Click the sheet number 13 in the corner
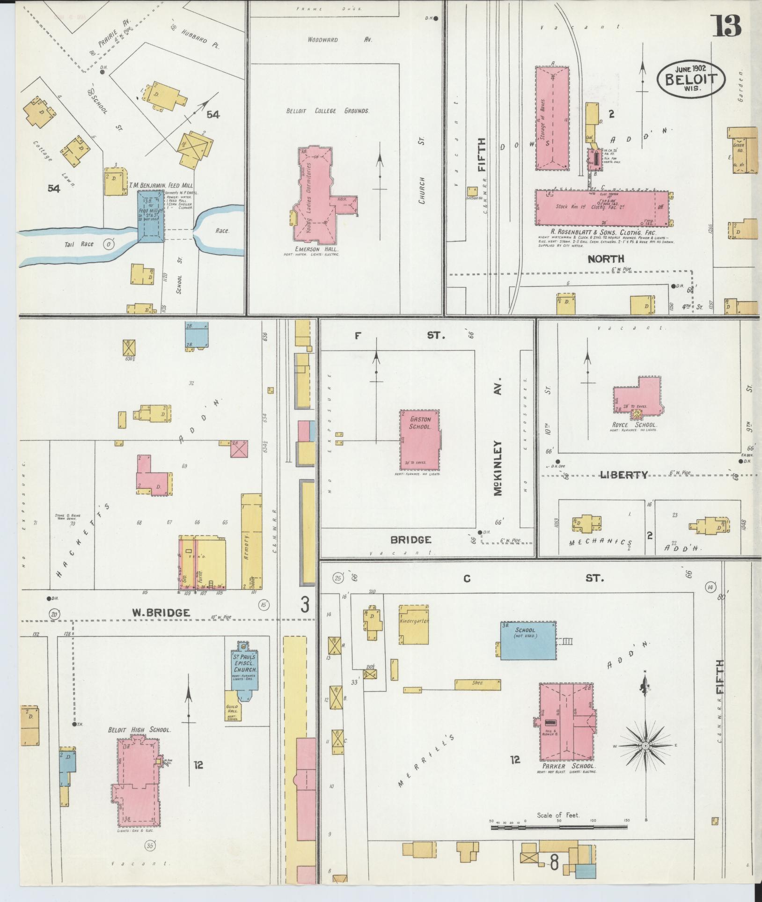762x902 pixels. click(x=727, y=26)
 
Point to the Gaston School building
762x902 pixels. click(x=419, y=440)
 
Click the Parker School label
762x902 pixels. click(x=568, y=766)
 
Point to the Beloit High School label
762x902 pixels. click(x=139, y=730)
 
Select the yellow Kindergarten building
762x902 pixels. click(x=414, y=627)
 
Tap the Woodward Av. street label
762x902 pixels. click(x=339, y=40)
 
